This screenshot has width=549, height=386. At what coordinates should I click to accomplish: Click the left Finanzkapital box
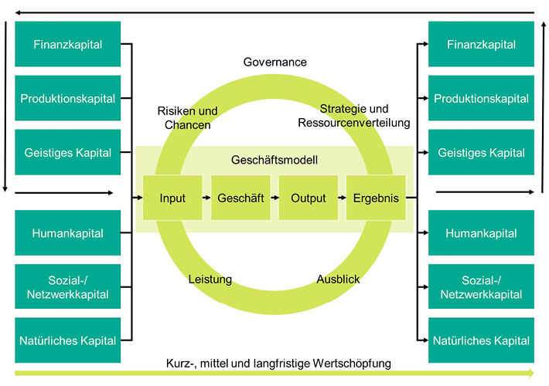click(x=68, y=45)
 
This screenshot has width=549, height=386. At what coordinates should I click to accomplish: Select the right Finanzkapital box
click(x=481, y=45)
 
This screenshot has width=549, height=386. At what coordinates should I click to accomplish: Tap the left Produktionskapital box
click(x=68, y=99)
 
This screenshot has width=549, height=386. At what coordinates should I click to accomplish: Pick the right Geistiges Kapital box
click(x=481, y=153)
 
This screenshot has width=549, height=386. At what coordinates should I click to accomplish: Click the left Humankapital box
click(x=68, y=233)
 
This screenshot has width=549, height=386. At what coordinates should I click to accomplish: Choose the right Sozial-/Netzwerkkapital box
click(x=481, y=287)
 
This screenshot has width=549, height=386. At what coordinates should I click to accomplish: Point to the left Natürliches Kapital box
click(x=68, y=340)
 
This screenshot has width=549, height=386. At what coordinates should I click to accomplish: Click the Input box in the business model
click(x=172, y=198)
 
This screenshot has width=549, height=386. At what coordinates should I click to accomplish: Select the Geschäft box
click(x=240, y=198)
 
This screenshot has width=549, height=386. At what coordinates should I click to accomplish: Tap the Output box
click(x=309, y=198)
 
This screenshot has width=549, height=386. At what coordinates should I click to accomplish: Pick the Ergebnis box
click(x=376, y=198)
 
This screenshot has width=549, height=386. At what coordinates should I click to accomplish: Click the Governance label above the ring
click(x=274, y=63)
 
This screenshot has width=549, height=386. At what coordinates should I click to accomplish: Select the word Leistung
click(x=210, y=279)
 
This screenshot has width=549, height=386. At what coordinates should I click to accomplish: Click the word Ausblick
click(x=338, y=279)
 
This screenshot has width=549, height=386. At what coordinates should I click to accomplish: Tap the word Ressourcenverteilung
click(x=353, y=123)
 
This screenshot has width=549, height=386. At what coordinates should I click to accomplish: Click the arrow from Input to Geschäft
click(x=206, y=198)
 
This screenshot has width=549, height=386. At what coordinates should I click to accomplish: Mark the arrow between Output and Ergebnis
click(x=342, y=198)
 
